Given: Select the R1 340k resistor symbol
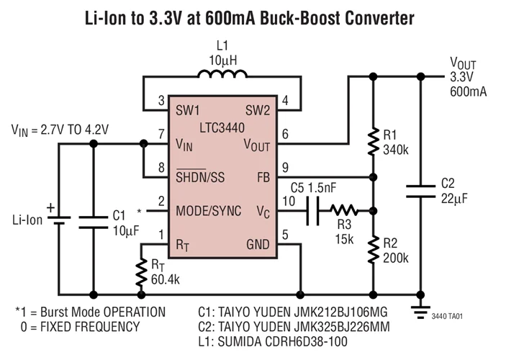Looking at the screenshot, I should [x=373, y=142].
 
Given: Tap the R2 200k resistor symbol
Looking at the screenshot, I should [x=373, y=249].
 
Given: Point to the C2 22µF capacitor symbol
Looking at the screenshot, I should [x=420, y=191].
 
